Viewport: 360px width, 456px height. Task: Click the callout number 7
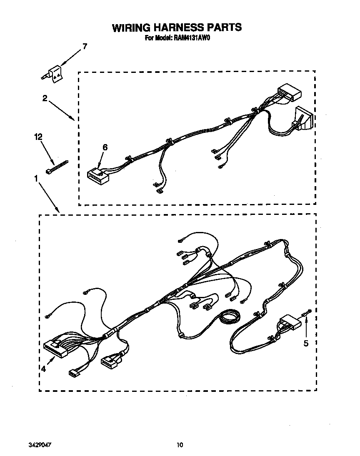click(x=85, y=46)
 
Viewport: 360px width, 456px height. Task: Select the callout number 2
click(x=45, y=99)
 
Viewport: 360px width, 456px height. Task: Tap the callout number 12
click(x=38, y=137)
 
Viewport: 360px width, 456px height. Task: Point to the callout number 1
click(x=37, y=178)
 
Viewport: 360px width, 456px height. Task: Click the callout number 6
click(x=105, y=147)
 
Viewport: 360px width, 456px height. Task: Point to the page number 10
click(x=179, y=445)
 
